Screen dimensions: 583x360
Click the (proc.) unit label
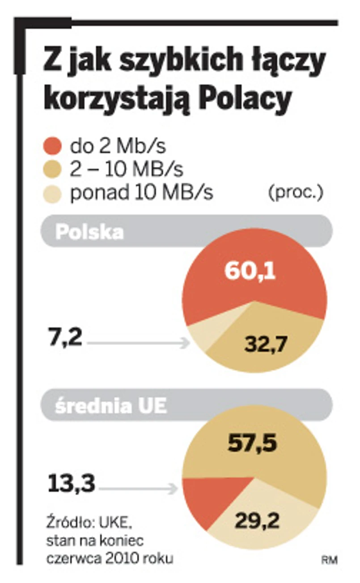296,193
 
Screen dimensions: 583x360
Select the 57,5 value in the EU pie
253,443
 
